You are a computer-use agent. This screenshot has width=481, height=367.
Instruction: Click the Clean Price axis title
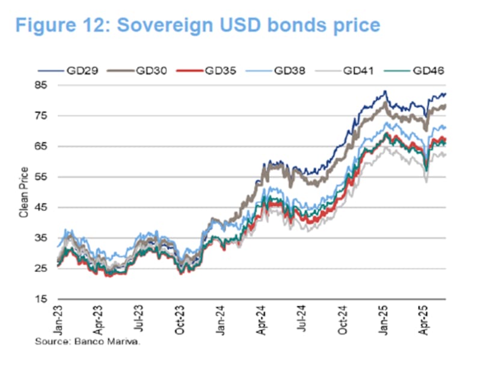25,192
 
